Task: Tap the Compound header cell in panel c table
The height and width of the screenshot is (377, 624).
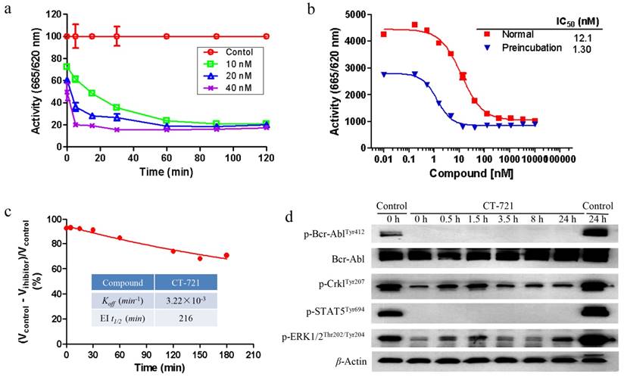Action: click(122, 283)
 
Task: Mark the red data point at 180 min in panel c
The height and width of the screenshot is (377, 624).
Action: click(225, 255)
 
